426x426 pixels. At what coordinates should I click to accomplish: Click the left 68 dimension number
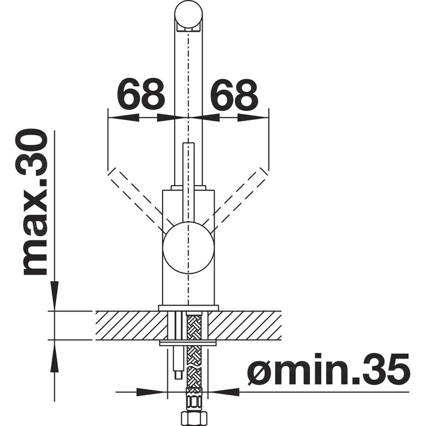141,93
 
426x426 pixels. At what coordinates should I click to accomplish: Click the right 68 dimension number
234,93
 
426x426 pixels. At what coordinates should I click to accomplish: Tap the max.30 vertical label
35,203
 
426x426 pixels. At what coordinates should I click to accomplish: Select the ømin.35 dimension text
328,369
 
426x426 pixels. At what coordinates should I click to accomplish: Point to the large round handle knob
188,248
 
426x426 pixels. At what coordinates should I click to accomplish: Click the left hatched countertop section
131,326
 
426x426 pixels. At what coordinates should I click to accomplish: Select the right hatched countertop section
245,326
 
